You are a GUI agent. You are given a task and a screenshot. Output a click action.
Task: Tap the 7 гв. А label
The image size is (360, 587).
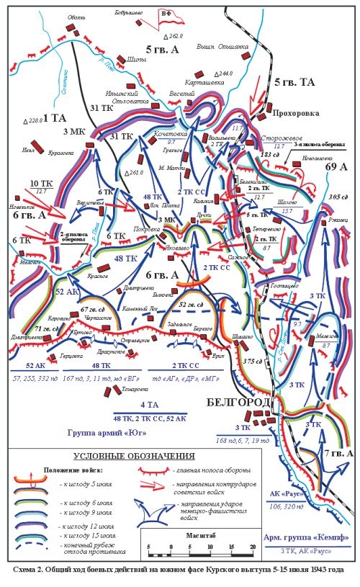point(336,454)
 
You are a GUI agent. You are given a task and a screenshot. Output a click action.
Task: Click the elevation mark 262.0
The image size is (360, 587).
point(176,35)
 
